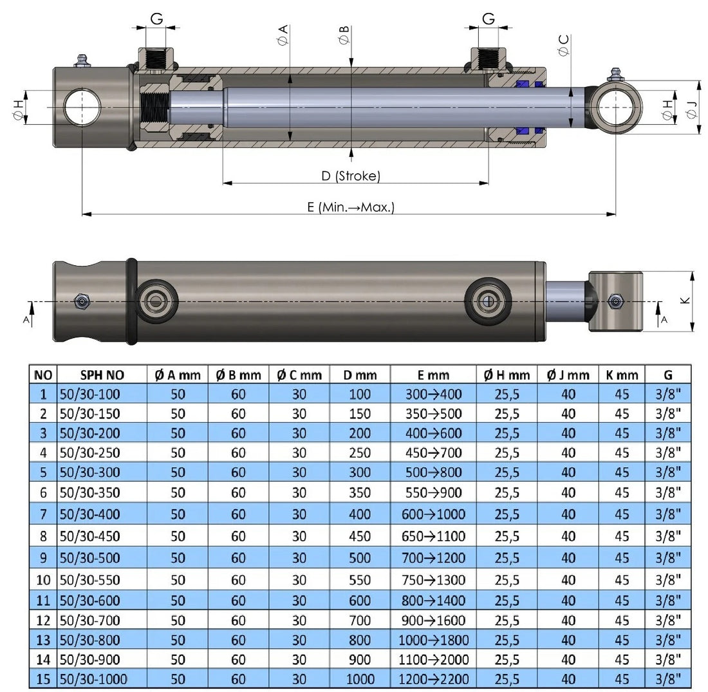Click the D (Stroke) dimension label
coord(351,176)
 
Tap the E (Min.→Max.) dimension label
coord(351,207)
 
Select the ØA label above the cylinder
coord(283,35)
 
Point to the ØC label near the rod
coord(564,45)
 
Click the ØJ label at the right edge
coord(692,110)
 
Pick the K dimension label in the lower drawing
coord(685,301)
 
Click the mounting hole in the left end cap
coord(82,107)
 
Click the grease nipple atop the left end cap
coord(81,61)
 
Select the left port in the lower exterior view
coord(156,301)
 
